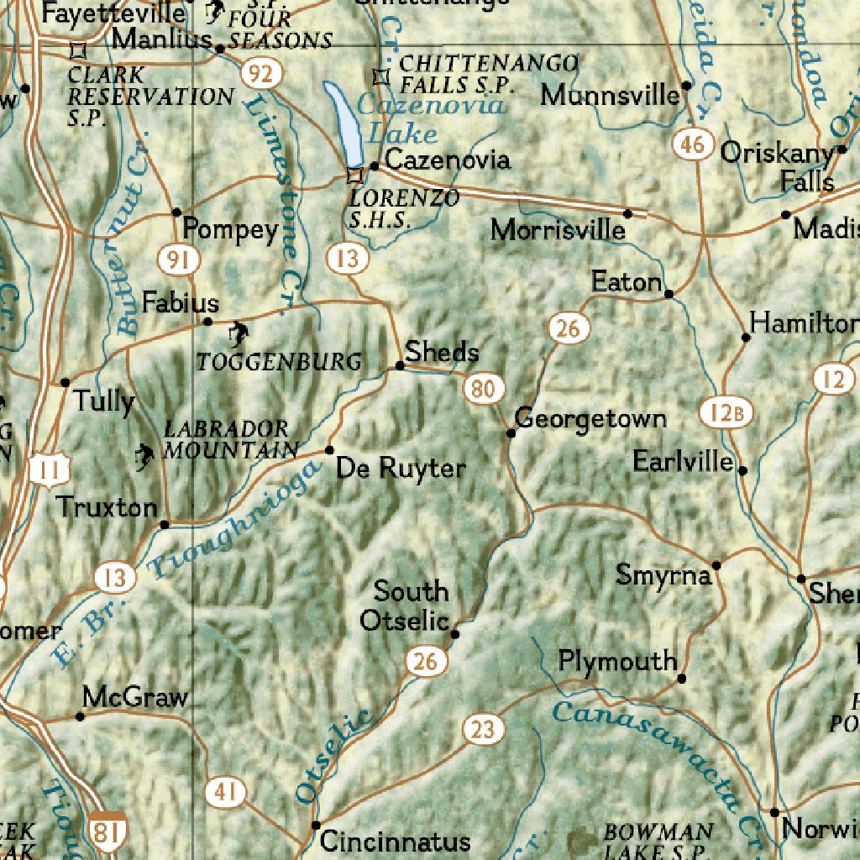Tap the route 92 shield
click(260, 75)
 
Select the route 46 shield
click(692, 144)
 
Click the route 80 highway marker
click(484, 389)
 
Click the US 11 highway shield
click(49, 470)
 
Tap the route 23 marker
click(483, 729)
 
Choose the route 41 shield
click(225, 791)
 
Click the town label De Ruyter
click(400, 468)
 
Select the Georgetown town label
click(590, 417)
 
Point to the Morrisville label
click(558, 229)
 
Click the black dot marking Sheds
click(400, 365)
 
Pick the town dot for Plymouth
click(681, 678)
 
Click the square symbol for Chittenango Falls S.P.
click(381, 76)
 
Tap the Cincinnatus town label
click(396, 841)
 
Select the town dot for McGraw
click(81, 716)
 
